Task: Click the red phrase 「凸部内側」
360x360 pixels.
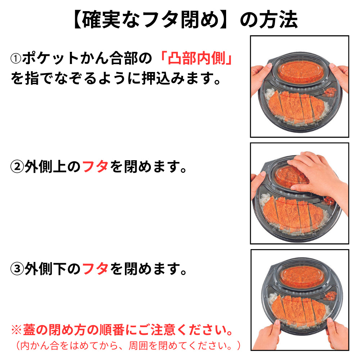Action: pos(199,58)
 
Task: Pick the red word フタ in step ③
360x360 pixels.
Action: pos(95,269)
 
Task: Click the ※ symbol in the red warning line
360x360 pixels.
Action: pos(17,329)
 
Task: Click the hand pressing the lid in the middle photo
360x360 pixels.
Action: pos(317,173)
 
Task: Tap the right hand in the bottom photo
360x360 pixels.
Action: pos(337,335)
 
